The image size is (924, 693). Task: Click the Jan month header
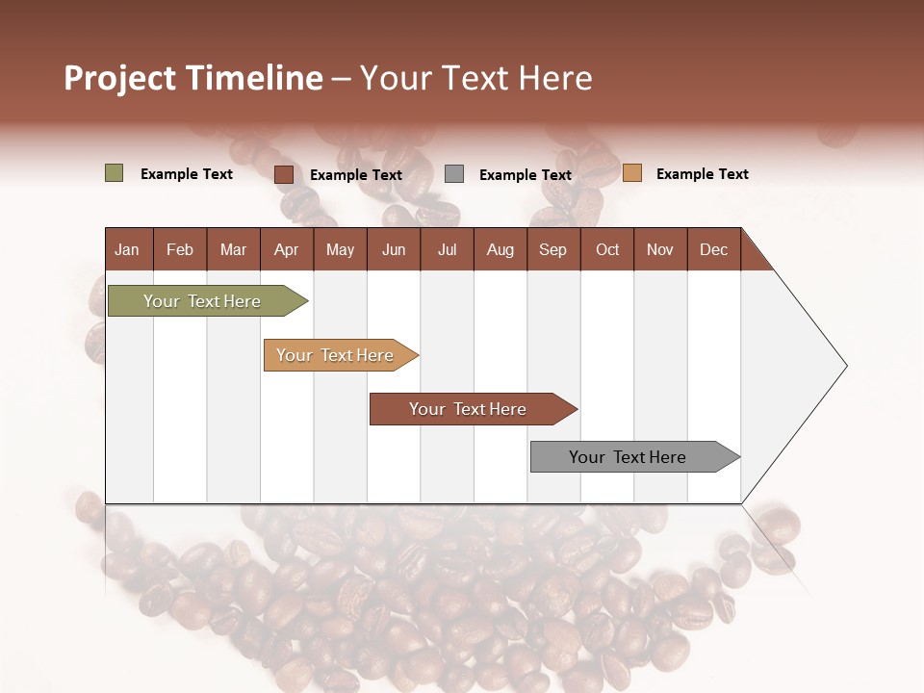127,249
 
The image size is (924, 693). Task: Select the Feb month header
180,249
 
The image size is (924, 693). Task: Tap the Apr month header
286,249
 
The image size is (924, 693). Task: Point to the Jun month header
394,249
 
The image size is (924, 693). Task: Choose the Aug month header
500,249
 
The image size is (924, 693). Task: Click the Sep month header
552,249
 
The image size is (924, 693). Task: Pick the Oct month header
607,249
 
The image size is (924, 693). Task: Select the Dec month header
713,249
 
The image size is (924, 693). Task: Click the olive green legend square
114,173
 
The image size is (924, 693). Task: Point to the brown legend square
283,174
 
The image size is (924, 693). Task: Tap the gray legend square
453,174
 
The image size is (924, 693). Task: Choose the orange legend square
631,173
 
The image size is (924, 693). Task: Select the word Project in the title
120,78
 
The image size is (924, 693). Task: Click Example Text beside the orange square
702,174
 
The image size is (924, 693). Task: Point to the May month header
340,249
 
